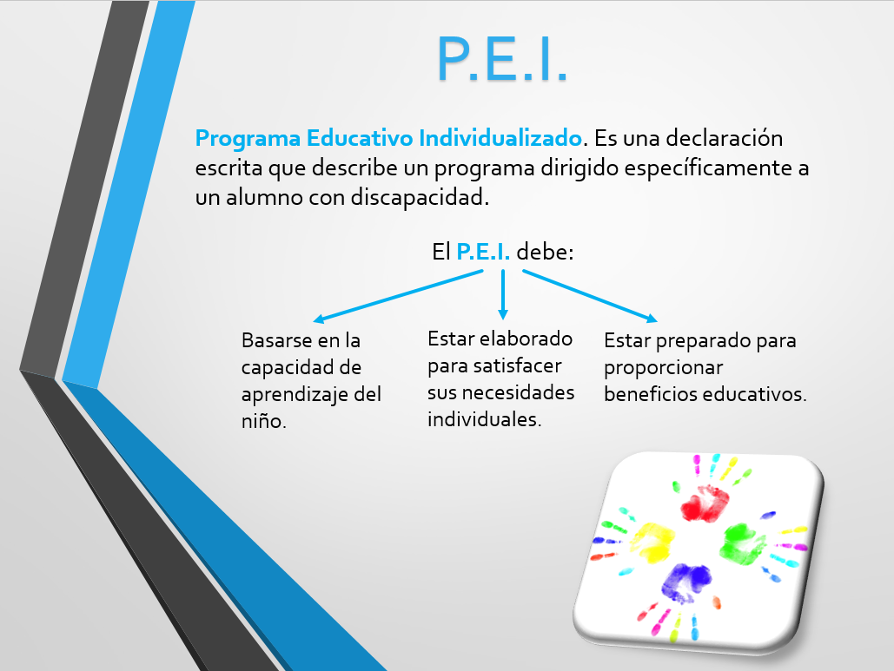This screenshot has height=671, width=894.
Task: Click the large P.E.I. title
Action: tap(502, 59)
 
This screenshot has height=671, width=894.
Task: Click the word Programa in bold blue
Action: tap(248, 139)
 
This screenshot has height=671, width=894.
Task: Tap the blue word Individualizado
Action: tap(500, 138)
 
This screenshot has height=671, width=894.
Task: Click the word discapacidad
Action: tap(420, 197)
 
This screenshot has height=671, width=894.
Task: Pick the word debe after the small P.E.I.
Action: tap(545, 251)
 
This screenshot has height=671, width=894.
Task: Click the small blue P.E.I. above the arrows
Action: tap(483, 251)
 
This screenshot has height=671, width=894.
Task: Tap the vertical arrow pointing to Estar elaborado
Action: tap(502, 294)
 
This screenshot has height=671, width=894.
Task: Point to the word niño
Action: tap(263, 421)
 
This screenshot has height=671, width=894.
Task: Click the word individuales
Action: tap(484, 419)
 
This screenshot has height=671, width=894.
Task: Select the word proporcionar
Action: tap(663, 368)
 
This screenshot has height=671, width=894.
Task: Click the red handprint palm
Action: tap(705, 503)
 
